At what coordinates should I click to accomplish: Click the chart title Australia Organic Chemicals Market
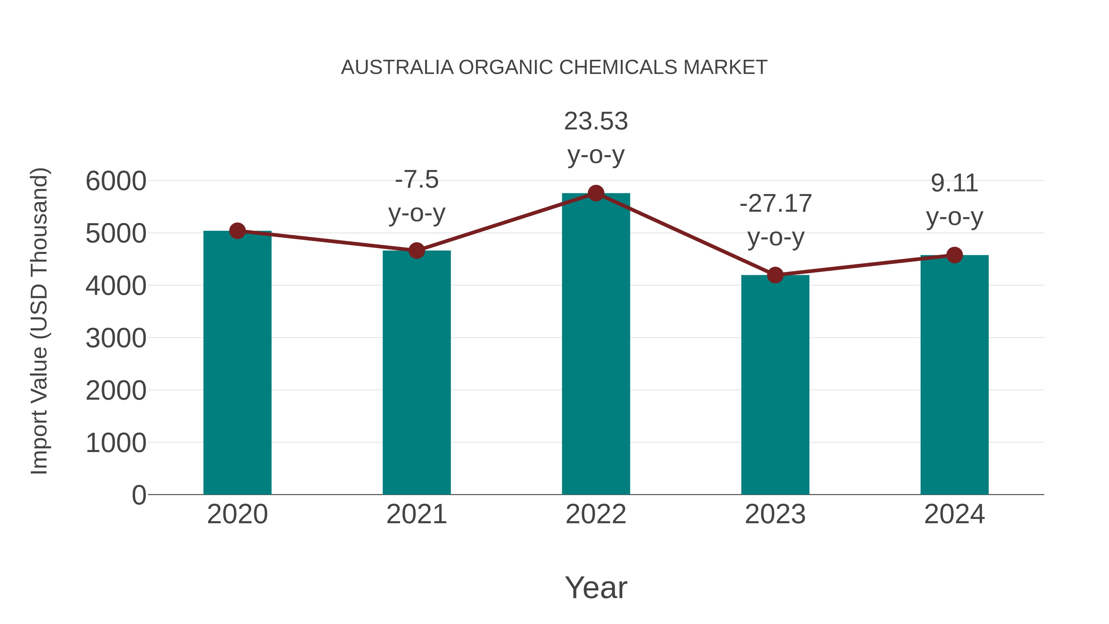pos(554,67)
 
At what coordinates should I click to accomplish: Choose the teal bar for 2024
pos(954,375)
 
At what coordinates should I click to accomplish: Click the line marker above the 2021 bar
pos(416,250)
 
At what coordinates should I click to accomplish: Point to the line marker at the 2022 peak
pos(596,193)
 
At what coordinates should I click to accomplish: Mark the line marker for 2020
pos(237,231)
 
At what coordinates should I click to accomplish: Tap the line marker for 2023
pos(775,275)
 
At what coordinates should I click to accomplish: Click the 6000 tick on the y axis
pos(116,181)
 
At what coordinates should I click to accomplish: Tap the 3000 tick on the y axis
pos(116,338)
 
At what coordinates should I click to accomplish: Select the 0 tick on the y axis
pos(139,495)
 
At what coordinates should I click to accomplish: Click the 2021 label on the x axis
pos(416,514)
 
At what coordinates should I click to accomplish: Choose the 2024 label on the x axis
pos(954,514)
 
